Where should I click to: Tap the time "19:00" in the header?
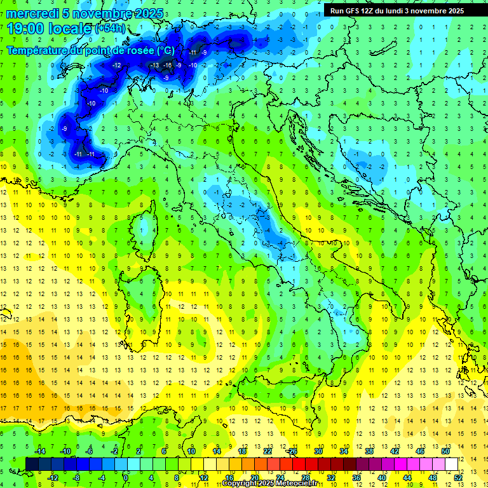pyautogui.click(x=27, y=29)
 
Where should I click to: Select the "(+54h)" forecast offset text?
pyautogui.click(x=110, y=29)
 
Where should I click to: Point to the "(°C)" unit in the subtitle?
pyautogui.click(x=165, y=50)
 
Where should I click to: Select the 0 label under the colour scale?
pyautogui.click(x=126, y=478)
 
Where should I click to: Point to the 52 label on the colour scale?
pyautogui.click(x=458, y=478)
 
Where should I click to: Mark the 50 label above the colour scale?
pyautogui.click(x=445, y=451)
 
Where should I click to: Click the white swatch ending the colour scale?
pyautogui.click(x=451, y=464)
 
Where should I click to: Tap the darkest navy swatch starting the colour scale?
pyautogui.click(x=32, y=464)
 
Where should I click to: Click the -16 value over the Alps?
pyautogui.click(x=168, y=65)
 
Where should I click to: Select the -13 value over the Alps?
pyautogui.click(x=155, y=65)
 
